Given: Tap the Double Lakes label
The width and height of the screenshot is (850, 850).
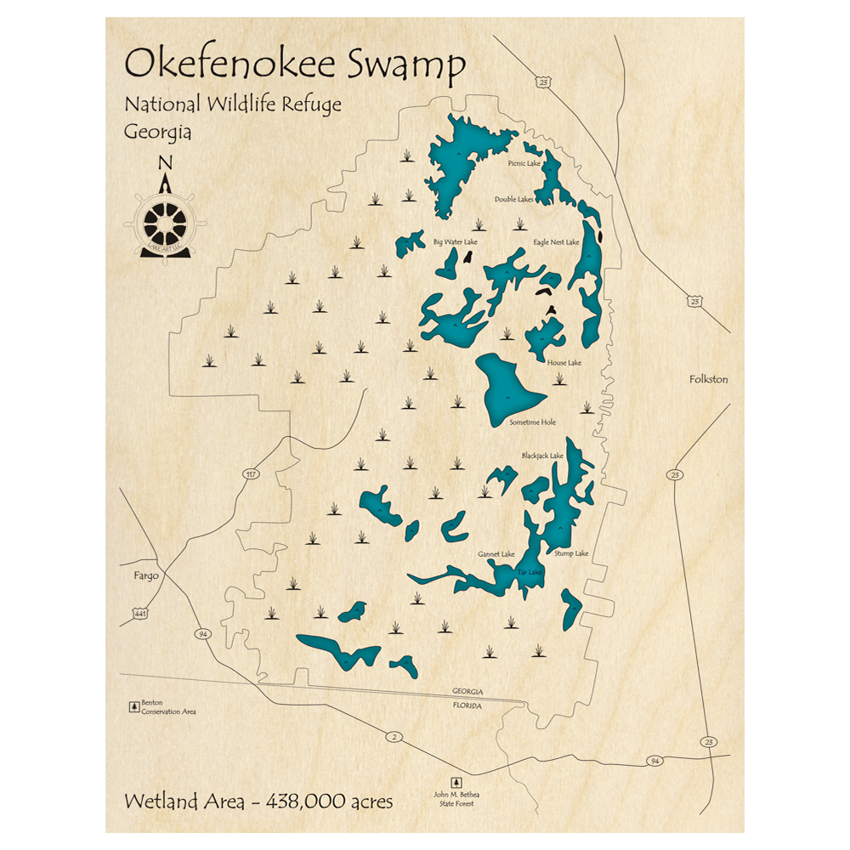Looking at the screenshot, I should point(514,200).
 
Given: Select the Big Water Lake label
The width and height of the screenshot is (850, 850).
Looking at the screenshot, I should point(456,242).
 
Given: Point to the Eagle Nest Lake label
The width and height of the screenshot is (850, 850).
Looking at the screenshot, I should point(556,242).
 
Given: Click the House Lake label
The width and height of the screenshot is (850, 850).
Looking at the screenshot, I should point(564,363).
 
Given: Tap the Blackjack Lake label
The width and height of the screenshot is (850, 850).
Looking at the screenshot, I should point(542,456).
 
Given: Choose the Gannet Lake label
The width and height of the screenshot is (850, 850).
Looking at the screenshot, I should point(496,554).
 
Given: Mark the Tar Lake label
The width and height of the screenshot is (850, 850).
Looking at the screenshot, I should point(530,572).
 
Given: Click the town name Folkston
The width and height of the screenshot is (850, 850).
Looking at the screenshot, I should point(708,379).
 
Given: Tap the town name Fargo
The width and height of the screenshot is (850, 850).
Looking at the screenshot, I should point(146,575).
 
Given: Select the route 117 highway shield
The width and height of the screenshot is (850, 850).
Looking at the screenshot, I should point(250,473).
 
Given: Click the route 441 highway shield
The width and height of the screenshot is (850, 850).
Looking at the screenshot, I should point(139,612).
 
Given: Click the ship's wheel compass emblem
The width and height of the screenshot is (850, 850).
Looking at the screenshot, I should point(166,223).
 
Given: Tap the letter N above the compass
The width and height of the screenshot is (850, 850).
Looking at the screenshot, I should point(166,163).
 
